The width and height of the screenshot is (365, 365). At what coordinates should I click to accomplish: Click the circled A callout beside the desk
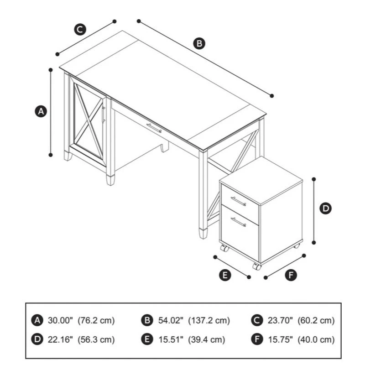click(x=41, y=111)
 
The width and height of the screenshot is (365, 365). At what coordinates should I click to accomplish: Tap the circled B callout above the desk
click(x=199, y=43)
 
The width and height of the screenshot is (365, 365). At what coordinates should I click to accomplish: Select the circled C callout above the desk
click(x=80, y=29)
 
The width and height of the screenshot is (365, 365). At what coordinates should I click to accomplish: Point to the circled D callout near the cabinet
click(x=325, y=209)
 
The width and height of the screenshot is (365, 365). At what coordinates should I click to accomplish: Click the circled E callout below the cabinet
click(x=225, y=275)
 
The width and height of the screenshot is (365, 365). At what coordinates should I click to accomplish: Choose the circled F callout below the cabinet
click(x=291, y=275)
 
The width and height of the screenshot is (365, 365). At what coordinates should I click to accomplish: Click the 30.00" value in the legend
click(x=60, y=320)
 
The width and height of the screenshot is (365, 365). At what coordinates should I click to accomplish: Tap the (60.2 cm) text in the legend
click(x=316, y=320)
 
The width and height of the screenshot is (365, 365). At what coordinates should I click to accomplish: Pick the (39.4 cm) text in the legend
click(x=207, y=339)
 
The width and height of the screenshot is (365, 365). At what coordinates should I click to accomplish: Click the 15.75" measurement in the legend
click(x=280, y=339)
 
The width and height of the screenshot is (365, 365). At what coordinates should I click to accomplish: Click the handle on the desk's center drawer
click(x=154, y=128)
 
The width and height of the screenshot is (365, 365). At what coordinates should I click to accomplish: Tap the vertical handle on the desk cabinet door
click(x=104, y=115)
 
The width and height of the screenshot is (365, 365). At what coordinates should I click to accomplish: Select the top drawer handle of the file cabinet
click(x=238, y=201)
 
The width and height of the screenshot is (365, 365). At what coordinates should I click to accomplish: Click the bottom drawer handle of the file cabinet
click(x=238, y=222)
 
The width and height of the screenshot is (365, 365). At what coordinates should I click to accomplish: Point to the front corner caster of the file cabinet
click(x=257, y=266)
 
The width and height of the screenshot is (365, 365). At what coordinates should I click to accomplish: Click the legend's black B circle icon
click(x=147, y=320)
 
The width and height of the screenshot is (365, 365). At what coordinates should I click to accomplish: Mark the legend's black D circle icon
click(x=37, y=339)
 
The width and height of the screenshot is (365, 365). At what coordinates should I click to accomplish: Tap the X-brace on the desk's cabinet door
click(x=89, y=121)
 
